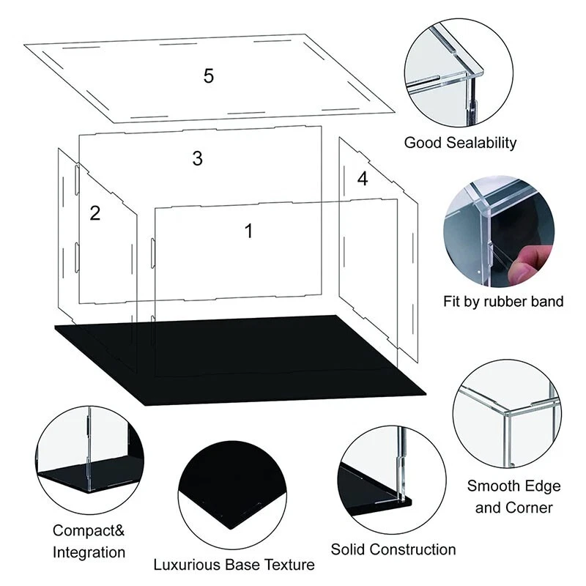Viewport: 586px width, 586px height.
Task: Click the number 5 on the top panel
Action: (x=209, y=75)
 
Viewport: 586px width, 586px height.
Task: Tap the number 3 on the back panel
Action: (x=197, y=158)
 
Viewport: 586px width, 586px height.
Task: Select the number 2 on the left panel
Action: (x=94, y=213)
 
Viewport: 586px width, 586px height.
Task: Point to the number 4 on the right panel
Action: (x=363, y=179)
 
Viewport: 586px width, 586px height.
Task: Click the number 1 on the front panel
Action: (x=248, y=231)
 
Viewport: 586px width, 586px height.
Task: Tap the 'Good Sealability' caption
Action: (x=460, y=142)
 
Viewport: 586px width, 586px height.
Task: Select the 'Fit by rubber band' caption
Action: (x=503, y=301)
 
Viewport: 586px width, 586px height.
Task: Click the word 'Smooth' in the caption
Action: (x=493, y=486)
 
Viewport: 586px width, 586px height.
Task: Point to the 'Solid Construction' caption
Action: (x=393, y=549)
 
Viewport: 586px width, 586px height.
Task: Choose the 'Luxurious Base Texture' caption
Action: (x=234, y=565)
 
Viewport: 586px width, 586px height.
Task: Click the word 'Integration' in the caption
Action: (x=89, y=552)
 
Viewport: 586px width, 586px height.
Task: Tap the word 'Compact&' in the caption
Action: (x=83, y=530)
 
